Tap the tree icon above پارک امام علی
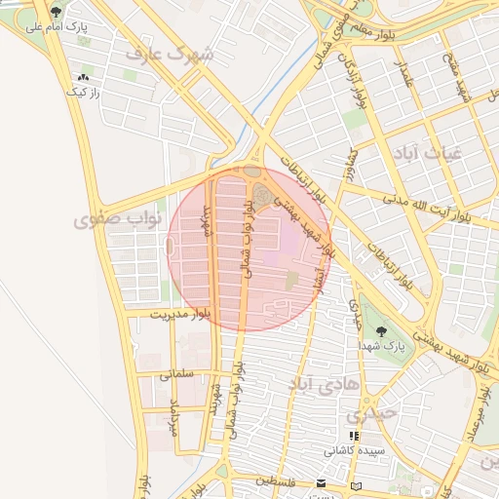57,12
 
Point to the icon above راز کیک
82,76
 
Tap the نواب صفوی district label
106,220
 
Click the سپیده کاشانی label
355,452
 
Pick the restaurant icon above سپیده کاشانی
353,437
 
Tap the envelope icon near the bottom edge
322,483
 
